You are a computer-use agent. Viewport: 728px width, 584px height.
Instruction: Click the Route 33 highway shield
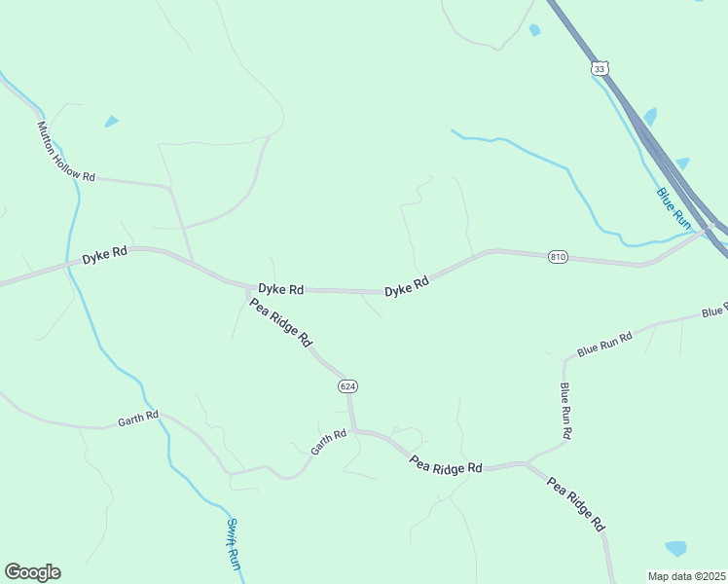[599, 68]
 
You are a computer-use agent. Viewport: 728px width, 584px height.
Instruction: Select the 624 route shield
[348, 386]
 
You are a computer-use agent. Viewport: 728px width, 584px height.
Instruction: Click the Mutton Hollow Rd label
[66, 152]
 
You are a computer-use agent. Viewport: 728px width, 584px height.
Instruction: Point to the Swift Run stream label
[234, 543]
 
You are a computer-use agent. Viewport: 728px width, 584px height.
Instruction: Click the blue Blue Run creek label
[673, 209]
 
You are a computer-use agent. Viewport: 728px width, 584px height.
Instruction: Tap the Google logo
[32, 572]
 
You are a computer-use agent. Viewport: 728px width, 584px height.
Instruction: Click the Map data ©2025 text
[686, 576]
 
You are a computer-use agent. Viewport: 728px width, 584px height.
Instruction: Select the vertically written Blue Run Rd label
[565, 410]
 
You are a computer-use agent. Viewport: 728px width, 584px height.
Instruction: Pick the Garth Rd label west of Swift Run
[137, 419]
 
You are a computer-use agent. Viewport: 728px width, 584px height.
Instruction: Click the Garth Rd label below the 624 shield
[328, 443]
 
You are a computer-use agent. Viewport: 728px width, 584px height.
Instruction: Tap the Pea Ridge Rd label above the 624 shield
[280, 323]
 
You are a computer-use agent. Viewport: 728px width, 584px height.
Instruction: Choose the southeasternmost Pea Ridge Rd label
[576, 503]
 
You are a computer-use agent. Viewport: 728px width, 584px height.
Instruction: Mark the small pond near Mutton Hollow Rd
[112, 122]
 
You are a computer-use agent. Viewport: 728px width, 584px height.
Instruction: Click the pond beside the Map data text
[675, 548]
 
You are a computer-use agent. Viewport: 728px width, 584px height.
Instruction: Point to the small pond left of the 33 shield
[534, 31]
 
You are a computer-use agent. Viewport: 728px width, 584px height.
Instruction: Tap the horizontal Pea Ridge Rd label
[446, 466]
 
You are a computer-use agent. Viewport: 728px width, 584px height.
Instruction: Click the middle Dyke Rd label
[281, 289]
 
